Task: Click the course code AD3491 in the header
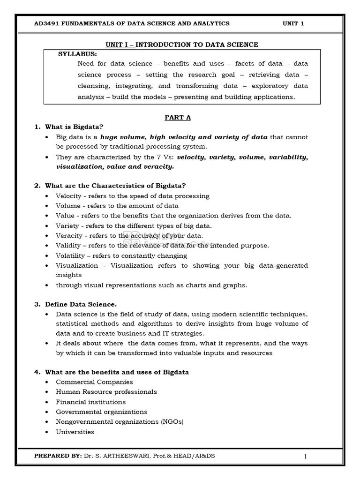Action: click(46, 23)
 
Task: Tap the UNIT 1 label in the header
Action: click(293, 23)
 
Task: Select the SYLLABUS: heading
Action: click(77, 54)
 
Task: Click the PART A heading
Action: click(178, 118)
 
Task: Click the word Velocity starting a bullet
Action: click(68, 196)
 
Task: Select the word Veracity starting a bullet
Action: click(69, 236)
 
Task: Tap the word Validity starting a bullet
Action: click(68, 246)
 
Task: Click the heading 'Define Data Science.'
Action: click(81, 304)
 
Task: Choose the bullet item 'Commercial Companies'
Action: click(94, 382)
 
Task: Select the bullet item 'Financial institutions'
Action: click(90, 402)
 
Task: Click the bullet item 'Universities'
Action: click(75, 432)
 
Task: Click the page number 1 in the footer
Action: click(305, 457)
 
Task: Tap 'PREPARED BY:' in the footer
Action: click(58, 456)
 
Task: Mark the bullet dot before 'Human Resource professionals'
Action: click(48, 392)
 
